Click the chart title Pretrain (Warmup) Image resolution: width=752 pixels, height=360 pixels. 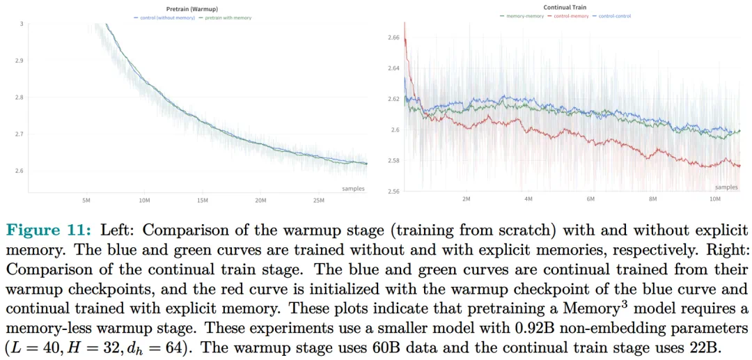191,8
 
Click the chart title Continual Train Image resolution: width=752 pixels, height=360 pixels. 565,8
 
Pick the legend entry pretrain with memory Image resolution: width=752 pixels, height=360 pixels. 228,17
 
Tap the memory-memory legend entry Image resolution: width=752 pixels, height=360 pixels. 523,16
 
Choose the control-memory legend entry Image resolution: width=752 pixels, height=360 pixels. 570,16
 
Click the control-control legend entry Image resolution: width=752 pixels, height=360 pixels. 613,16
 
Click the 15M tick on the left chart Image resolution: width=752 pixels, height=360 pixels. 203,201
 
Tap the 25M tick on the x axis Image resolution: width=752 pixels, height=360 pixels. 319,201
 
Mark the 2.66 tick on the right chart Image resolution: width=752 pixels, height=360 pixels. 393,37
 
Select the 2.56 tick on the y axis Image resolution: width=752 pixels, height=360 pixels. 393,191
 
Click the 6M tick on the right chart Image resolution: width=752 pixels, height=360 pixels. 590,199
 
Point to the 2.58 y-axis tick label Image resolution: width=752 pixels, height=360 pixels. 393,160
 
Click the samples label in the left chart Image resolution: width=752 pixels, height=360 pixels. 353,189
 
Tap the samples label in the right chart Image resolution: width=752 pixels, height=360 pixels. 726,187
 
